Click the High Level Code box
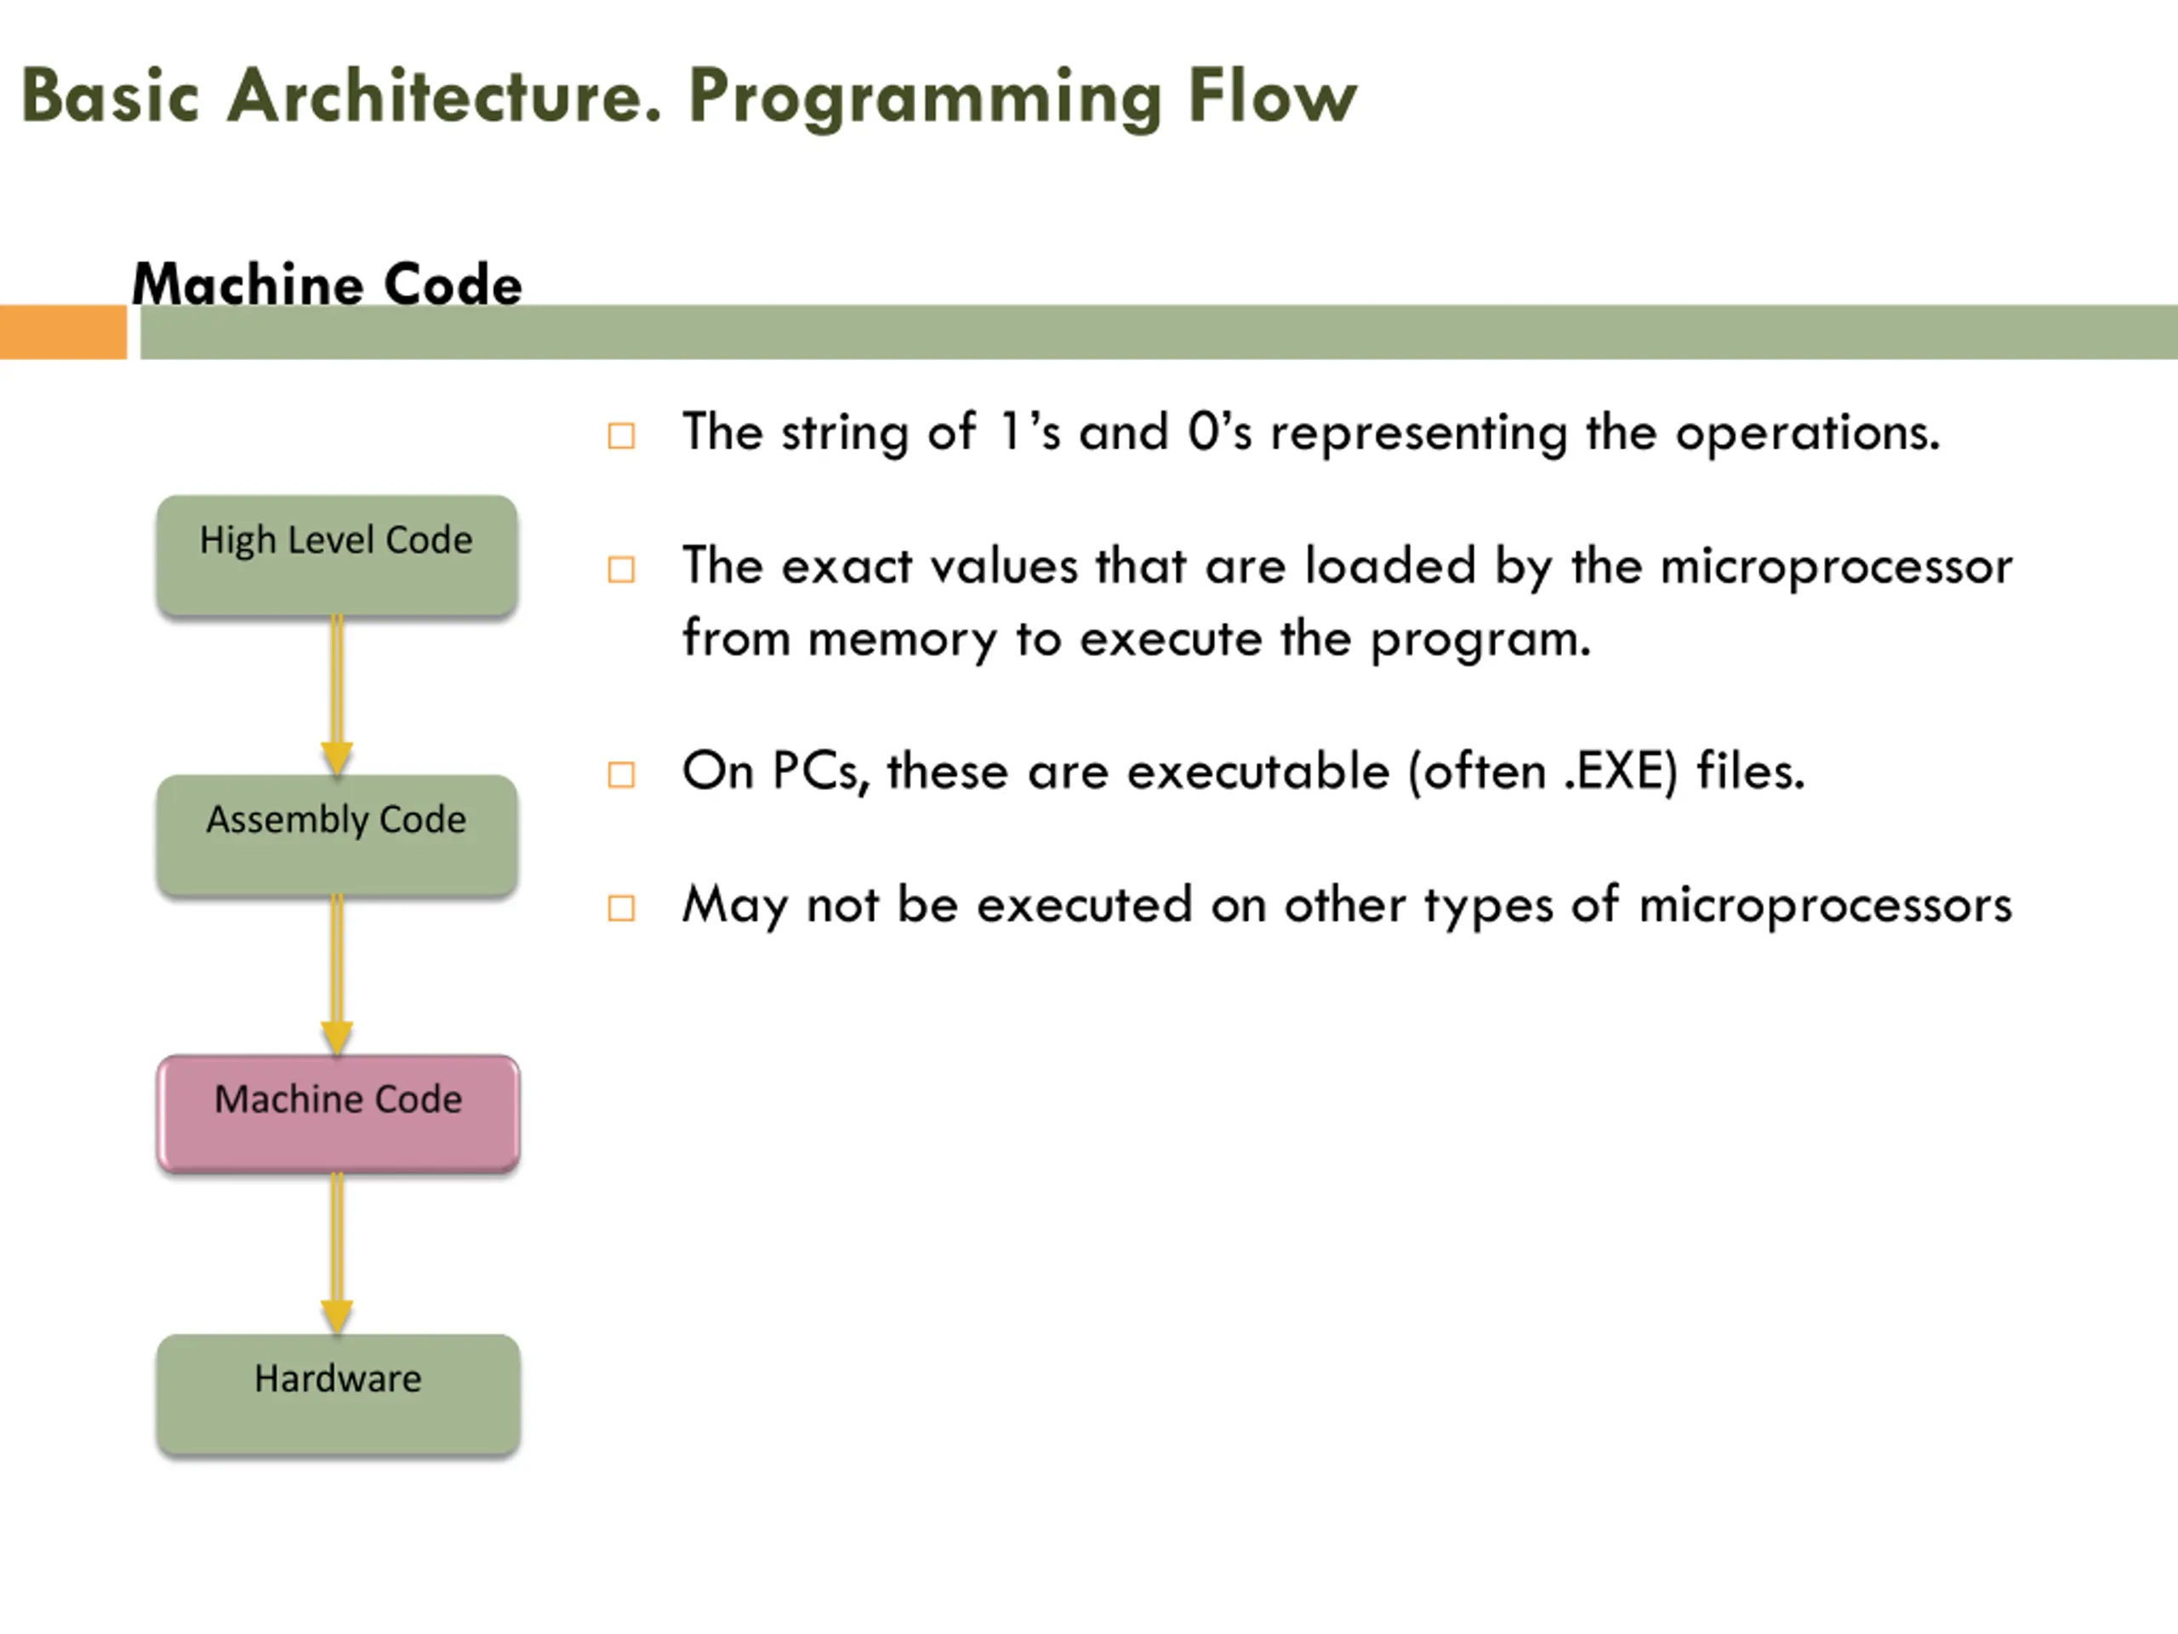[337, 557]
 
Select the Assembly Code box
[337, 835]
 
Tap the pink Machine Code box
[338, 1114]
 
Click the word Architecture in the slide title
[444, 96]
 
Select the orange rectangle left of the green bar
[63, 332]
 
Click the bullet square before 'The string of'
[621, 436]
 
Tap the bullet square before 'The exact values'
[621, 569]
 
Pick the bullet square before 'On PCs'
[621, 775]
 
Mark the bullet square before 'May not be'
[621, 908]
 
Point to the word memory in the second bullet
[902, 640]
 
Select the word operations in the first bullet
[1807, 433]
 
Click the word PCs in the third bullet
[820, 771]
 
